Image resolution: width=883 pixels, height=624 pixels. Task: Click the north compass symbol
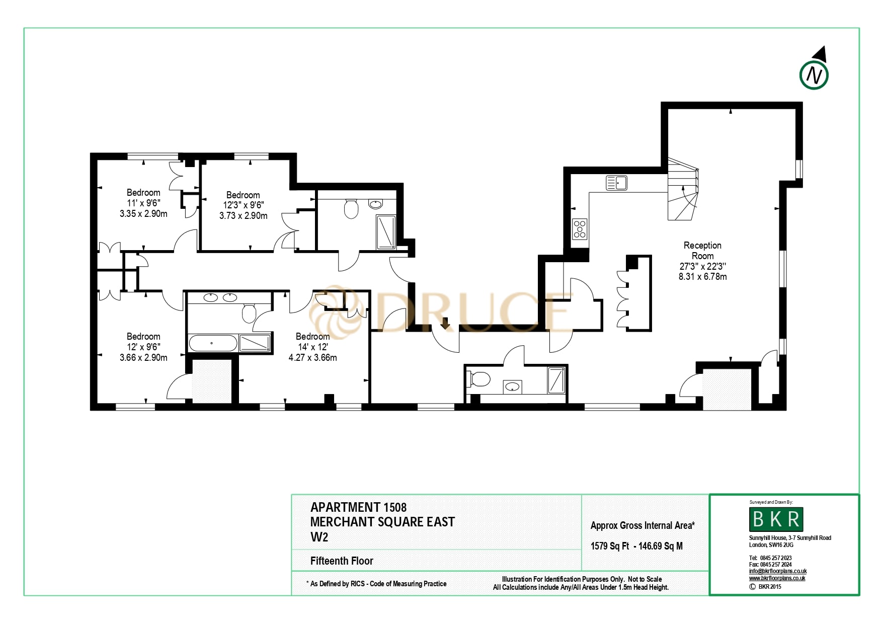coord(814,75)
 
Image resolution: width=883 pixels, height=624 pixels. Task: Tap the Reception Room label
coord(702,251)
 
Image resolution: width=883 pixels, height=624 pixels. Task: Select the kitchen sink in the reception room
coord(616,183)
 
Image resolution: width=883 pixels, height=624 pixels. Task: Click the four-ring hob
coord(580,229)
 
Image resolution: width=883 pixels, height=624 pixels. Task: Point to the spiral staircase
coord(683,190)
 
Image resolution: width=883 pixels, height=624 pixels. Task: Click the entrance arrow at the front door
coord(445,324)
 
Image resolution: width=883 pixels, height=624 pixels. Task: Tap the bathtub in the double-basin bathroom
coord(212,343)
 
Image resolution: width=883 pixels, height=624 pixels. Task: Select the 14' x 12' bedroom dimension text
coord(312,347)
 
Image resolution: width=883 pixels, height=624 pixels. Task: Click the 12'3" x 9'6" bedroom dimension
coord(243,205)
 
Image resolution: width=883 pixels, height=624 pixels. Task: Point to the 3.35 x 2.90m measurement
coord(143,214)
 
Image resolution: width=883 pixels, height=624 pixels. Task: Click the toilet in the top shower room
coord(351,208)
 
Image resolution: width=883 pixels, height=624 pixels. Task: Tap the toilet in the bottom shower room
coord(479,379)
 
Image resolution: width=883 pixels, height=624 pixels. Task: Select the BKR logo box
coord(776,519)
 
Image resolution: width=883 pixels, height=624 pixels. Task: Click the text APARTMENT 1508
coord(358,507)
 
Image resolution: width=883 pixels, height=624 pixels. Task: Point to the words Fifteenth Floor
coord(342,561)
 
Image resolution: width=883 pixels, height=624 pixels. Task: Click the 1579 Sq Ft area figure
coord(609,547)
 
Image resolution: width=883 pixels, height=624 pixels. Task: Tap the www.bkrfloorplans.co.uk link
coord(777,578)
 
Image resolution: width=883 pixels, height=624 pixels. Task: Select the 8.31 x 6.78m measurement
coord(702,277)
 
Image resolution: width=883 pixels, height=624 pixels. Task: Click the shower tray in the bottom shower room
coord(556,380)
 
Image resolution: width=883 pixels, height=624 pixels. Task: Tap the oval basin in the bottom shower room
coord(512,387)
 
